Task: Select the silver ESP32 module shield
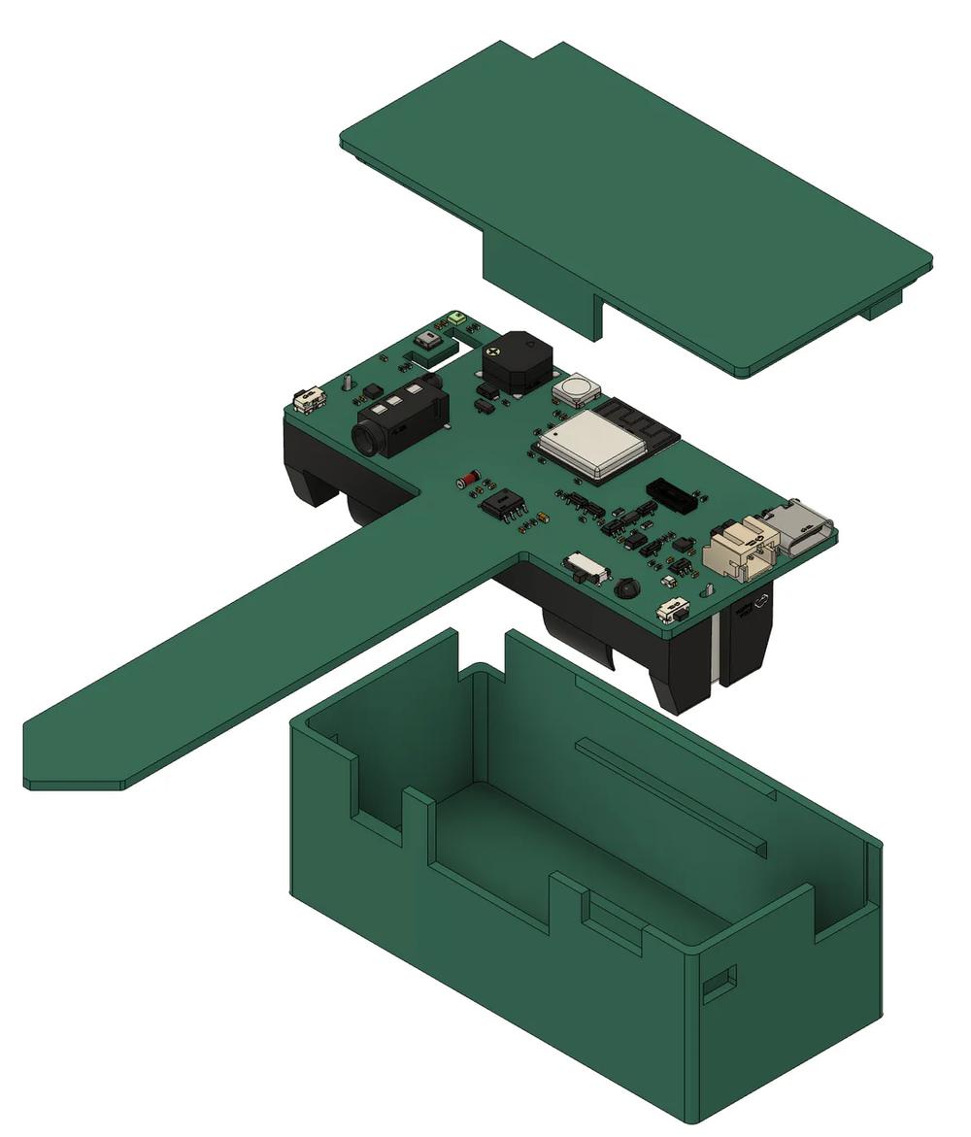point(590,444)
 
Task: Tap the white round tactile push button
point(576,390)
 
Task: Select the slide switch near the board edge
point(586,567)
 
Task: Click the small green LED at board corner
point(457,318)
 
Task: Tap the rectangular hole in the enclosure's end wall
point(719,985)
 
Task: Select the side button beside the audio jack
point(310,398)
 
